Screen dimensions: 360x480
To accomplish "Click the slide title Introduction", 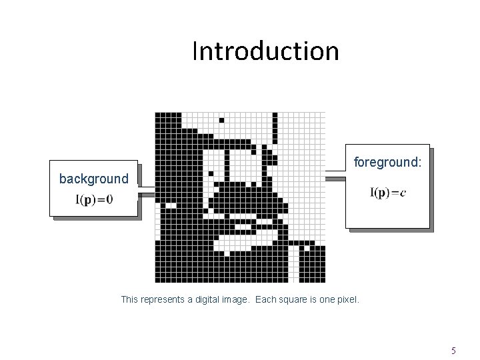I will click(x=265, y=51).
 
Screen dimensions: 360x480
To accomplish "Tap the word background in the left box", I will click(x=93, y=179).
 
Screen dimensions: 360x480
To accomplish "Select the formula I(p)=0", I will click(x=93, y=199).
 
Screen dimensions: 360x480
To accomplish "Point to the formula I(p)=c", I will click(x=388, y=193).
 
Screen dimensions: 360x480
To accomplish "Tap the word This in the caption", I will click(x=130, y=300).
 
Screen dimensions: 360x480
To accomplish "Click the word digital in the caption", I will click(x=211, y=300).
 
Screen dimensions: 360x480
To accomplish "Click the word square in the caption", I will click(x=299, y=300).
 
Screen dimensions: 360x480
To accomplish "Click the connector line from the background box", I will click(x=146, y=192).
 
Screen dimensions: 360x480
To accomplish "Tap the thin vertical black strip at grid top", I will click(x=273, y=127).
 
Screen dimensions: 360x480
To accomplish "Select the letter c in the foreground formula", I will click(x=403, y=193).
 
